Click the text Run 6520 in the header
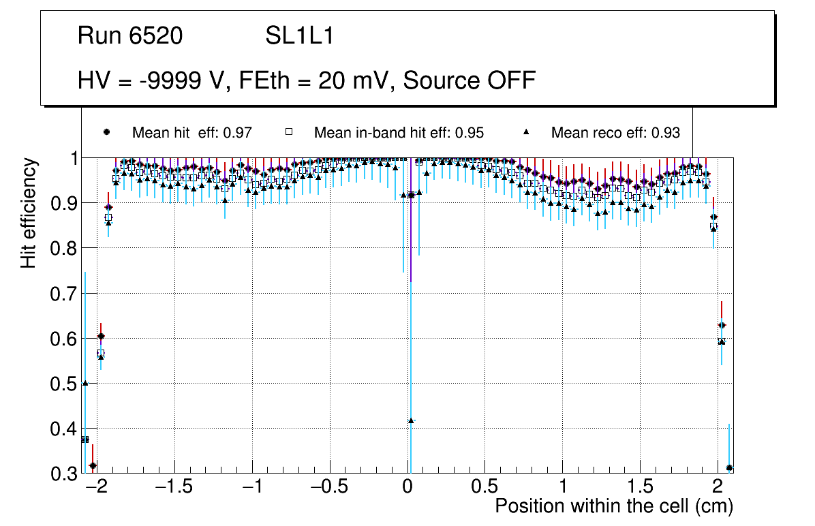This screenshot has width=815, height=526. click(130, 36)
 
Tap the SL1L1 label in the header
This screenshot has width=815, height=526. click(299, 36)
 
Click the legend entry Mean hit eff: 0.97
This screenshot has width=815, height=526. click(192, 133)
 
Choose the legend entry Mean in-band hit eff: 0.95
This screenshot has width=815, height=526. click(399, 133)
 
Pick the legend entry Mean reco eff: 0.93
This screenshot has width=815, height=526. click(615, 133)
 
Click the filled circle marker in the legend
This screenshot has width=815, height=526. click(106, 132)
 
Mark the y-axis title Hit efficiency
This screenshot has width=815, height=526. click(29, 213)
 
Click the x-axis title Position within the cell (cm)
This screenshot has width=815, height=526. click(613, 506)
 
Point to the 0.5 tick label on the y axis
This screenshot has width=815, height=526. click(64, 384)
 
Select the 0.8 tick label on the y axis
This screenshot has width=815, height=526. click(64, 249)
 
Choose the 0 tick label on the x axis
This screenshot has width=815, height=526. click(407, 488)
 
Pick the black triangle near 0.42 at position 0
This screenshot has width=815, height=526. click(410, 420)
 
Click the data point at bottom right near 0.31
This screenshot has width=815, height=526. click(729, 468)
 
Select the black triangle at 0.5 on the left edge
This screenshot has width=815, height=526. click(85, 383)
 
